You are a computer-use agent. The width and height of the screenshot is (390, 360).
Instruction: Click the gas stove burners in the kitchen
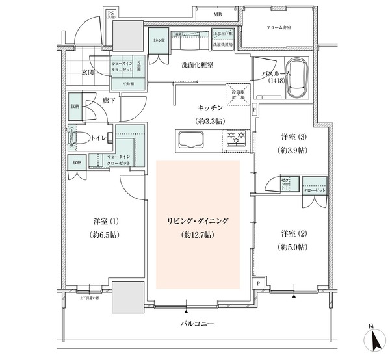point(235,138)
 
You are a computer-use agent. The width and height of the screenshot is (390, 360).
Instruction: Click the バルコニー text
point(198,323)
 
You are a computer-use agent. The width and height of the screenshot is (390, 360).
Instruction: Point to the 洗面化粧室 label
point(198,65)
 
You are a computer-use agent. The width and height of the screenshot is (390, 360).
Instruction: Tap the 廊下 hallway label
point(109,101)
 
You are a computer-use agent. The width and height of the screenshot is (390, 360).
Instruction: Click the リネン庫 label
point(157,40)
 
